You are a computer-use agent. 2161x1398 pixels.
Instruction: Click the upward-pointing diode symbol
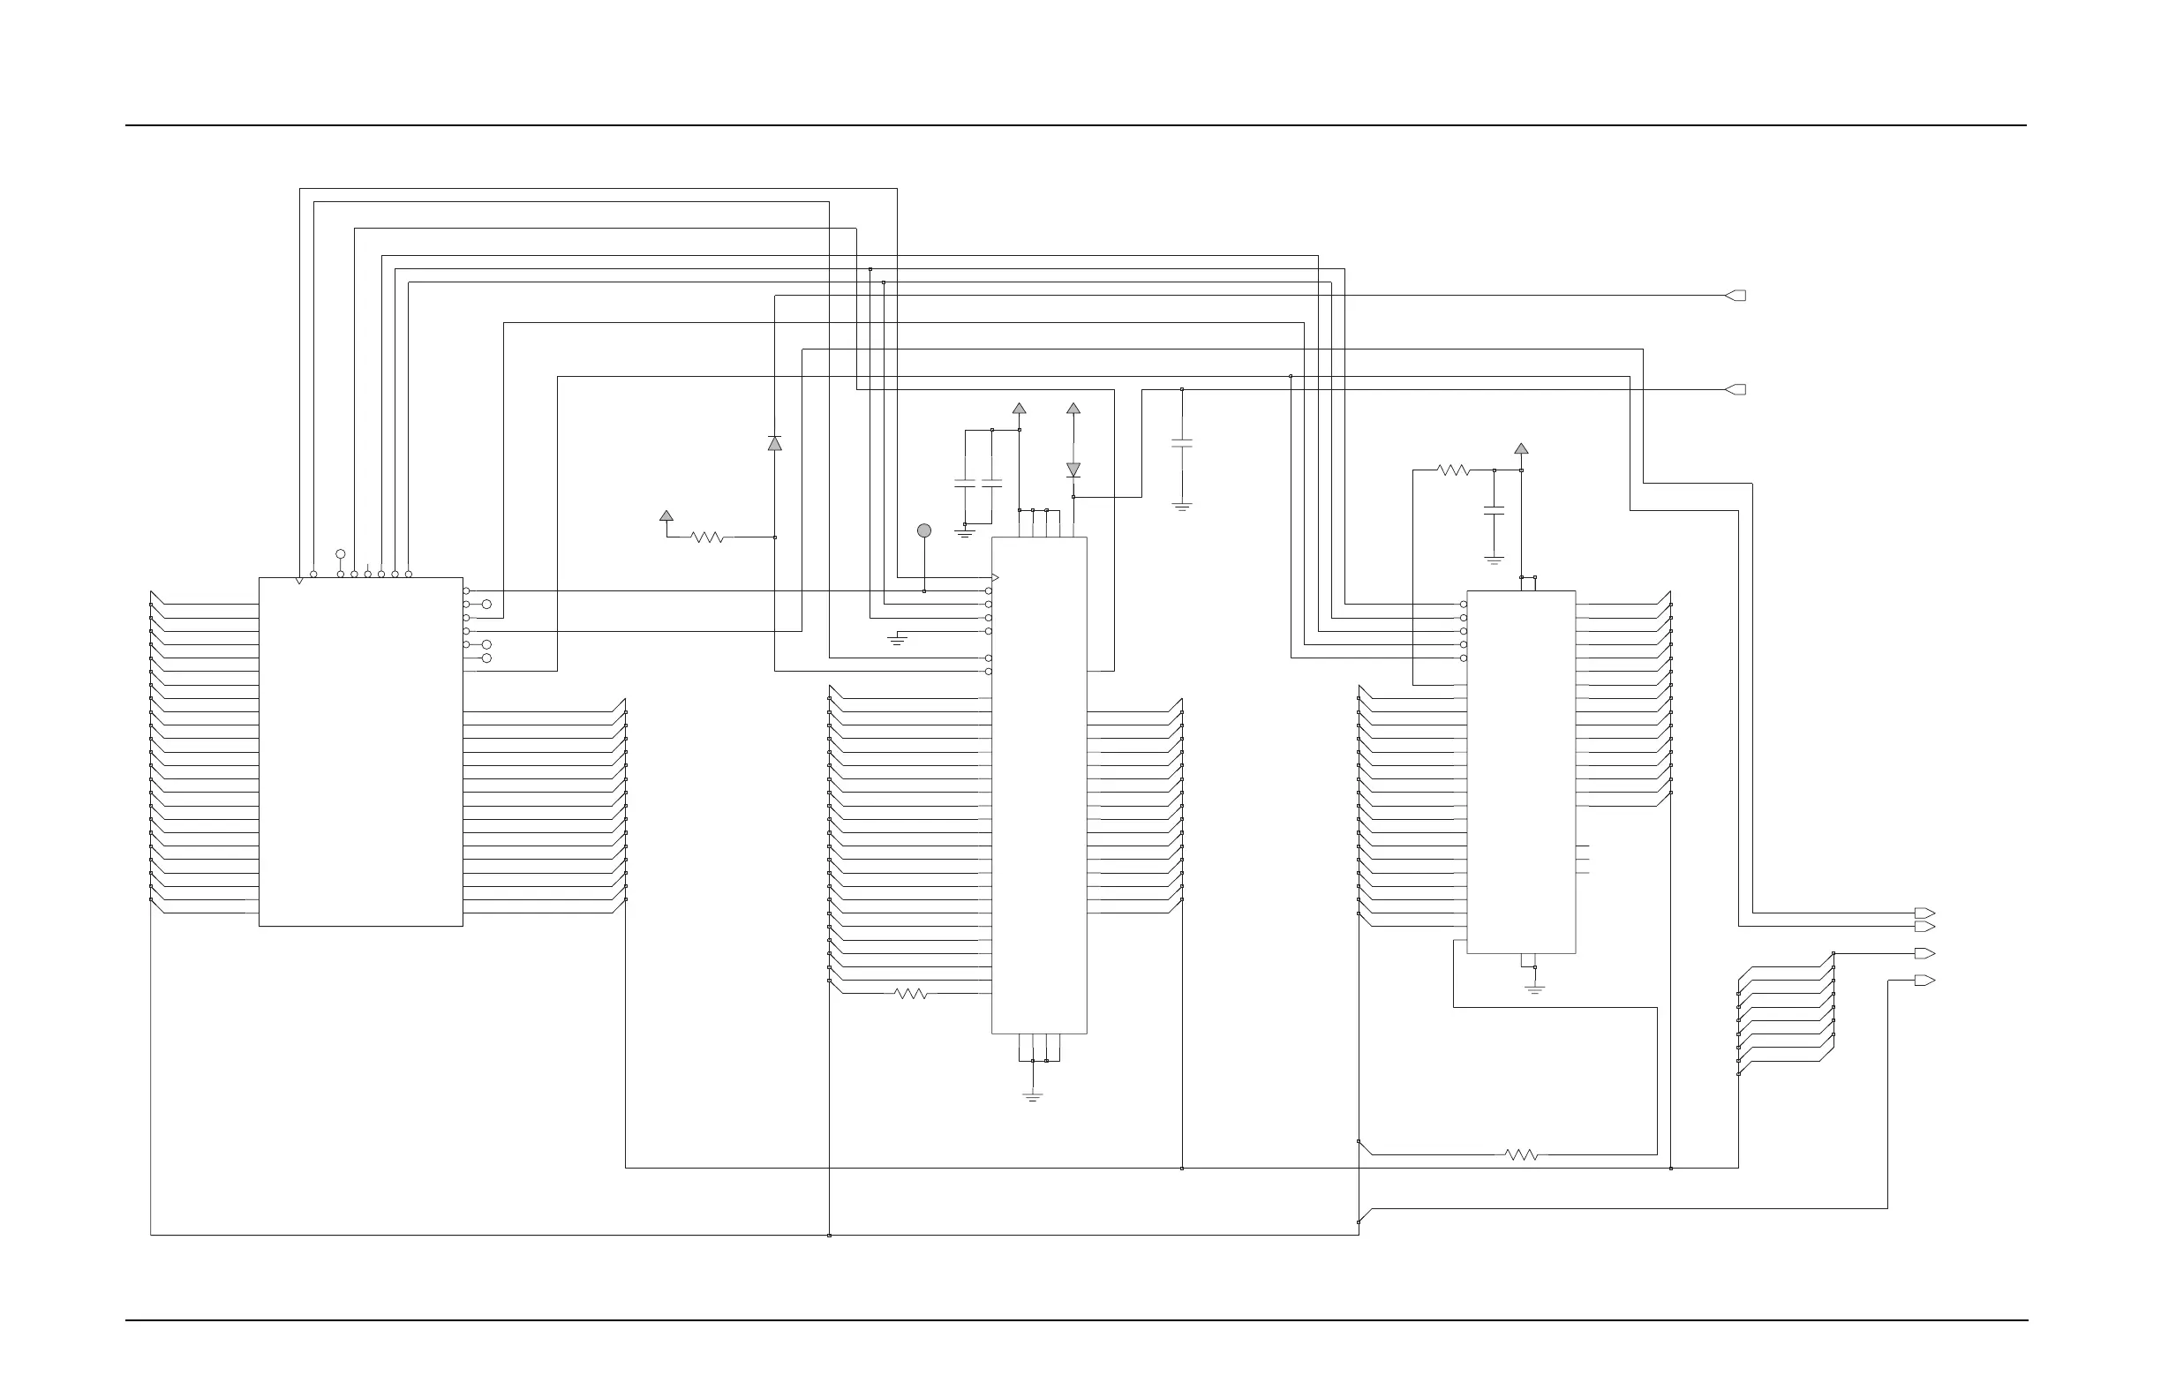pos(774,443)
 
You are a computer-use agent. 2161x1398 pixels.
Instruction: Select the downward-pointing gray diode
pos(1073,470)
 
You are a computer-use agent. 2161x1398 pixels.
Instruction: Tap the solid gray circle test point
pos(924,530)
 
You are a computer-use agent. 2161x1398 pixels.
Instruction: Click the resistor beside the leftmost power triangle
pos(707,537)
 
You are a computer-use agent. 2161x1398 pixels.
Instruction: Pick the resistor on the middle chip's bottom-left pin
pos(911,994)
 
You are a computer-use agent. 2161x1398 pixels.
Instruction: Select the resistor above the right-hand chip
pos(1454,470)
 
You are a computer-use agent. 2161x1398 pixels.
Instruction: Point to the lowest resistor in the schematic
pos(1521,1154)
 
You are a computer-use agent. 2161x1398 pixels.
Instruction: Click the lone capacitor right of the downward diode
pos(1181,444)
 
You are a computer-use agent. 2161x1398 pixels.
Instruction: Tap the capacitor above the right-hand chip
pos(1494,511)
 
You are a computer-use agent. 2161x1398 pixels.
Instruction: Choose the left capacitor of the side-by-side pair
pos(964,484)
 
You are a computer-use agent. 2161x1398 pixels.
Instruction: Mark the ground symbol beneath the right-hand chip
pos(1534,988)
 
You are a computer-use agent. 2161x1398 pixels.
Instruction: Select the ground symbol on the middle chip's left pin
pos(897,640)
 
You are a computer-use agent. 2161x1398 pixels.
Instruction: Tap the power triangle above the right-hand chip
pos(1521,448)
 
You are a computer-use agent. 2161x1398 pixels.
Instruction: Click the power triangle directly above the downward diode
pos(1073,409)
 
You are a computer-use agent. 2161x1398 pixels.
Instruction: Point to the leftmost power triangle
pos(666,515)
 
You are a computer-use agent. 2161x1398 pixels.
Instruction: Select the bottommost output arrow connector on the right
pos(1924,981)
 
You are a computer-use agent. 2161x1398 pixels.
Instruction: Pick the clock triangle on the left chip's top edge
pos(299,581)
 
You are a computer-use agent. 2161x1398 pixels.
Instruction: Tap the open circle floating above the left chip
pos(341,553)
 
